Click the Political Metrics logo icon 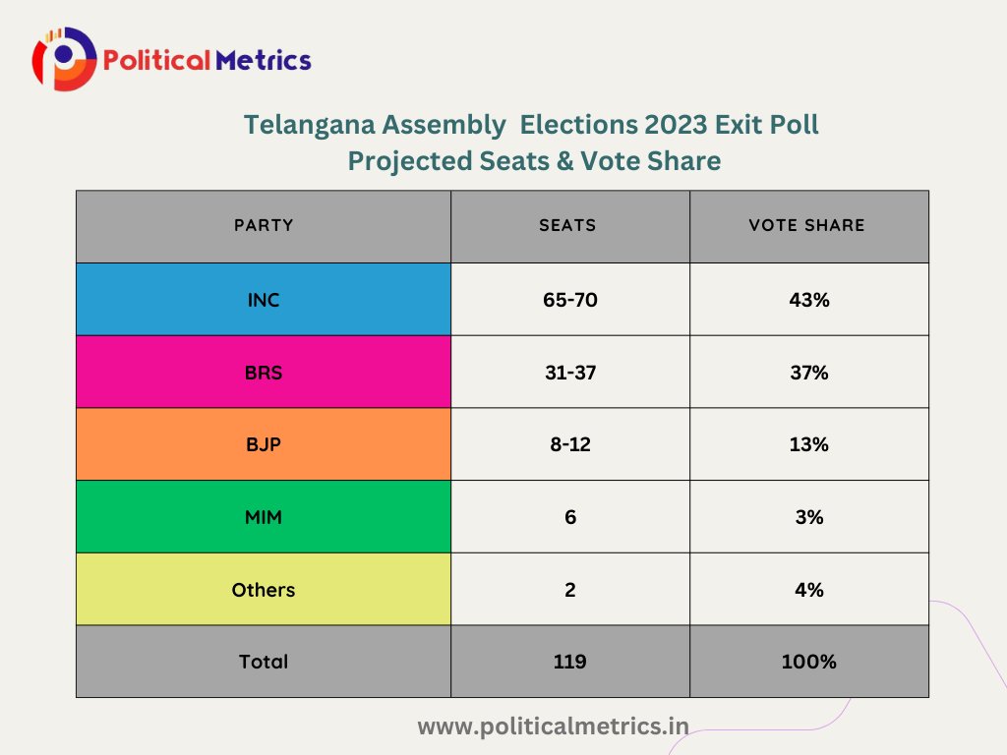click(64, 59)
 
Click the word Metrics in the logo click(265, 61)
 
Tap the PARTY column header click(264, 225)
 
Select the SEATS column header click(568, 225)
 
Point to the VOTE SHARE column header click(807, 225)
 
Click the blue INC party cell click(264, 300)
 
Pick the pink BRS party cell click(264, 373)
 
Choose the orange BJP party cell click(264, 444)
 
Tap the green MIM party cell click(264, 517)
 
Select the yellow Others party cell click(264, 590)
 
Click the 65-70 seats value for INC click(569, 300)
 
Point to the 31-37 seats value click(569, 373)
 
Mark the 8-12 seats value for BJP click(569, 444)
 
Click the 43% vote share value click(808, 300)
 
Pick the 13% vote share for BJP click(808, 444)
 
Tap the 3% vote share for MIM click(808, 517)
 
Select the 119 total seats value click(569, 662)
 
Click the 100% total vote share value click(808, 662)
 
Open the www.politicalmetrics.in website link click(553, 726)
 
